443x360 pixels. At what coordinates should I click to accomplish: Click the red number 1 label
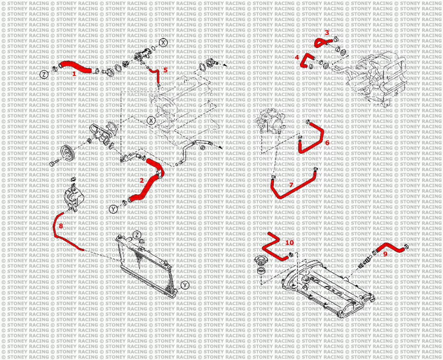[x=74, y=74]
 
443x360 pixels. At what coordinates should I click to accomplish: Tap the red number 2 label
[x=142, y=180]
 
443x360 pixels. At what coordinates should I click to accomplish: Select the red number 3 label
[x=327, y=33]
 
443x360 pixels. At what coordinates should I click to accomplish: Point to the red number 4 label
[x=297, y=57]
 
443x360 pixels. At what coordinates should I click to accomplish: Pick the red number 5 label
[x=165, y=70]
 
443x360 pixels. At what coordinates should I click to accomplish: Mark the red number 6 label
[x=327, y=142]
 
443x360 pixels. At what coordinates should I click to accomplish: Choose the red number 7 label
[x=291, y=185]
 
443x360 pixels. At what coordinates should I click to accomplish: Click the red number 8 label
[x=61, y=226]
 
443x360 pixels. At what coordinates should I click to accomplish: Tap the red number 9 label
[x=385, y=254]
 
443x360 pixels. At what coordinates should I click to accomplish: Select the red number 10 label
[x=290, y=243]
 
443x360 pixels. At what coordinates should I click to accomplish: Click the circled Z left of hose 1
[x=44, y=75]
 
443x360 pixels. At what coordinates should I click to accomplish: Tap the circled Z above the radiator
[x=137, y=235]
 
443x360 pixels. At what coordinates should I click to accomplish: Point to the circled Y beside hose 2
[x=113, y=209]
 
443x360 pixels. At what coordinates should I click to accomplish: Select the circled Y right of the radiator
[x=185, y=285]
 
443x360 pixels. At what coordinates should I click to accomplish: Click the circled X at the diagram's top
[x=163, y=42]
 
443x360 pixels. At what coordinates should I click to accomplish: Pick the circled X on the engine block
[x=152, y=120]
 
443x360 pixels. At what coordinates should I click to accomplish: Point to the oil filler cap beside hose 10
[x=260, y=260]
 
